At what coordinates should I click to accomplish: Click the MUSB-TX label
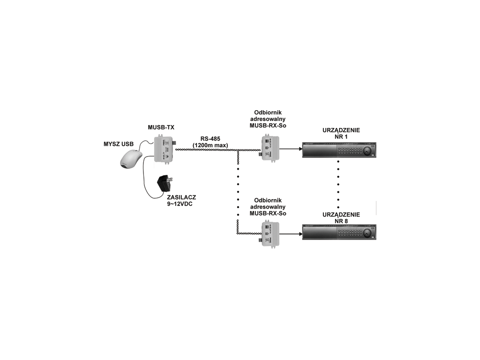161,127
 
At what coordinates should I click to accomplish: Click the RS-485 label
210,139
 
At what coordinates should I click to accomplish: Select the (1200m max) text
210,146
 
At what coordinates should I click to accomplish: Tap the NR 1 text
341,136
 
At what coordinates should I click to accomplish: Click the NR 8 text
341,221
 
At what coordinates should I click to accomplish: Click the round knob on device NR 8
365,232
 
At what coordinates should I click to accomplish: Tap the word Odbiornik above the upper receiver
268,113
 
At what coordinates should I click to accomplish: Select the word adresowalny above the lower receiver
268,207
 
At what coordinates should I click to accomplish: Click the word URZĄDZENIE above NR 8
341,215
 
